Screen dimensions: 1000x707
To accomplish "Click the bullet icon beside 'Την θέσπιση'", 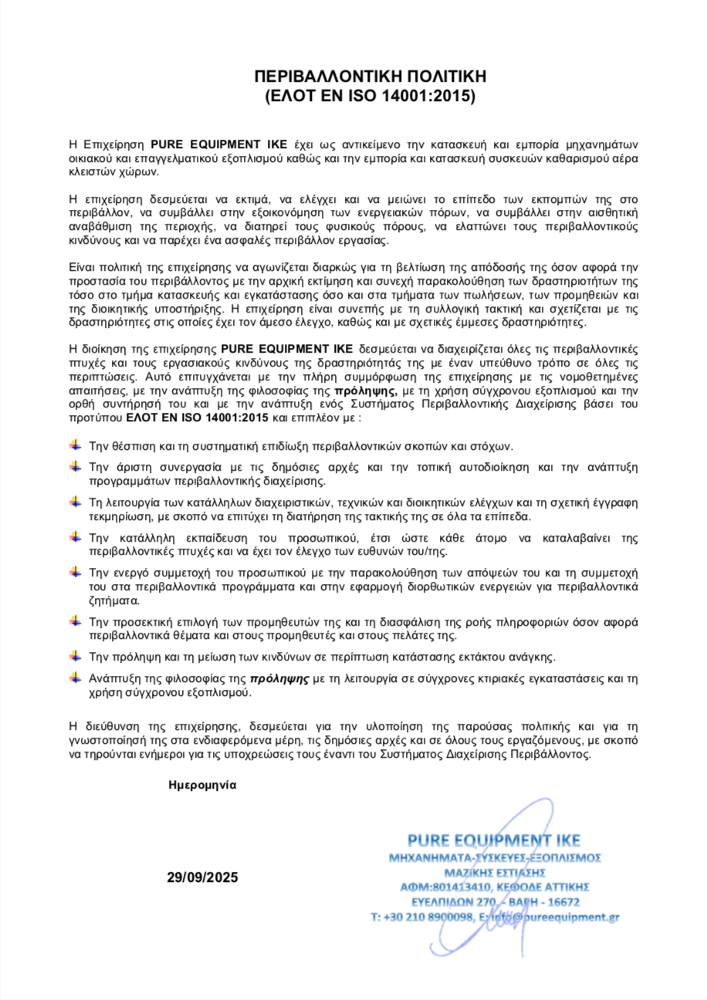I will [x=75, y=445].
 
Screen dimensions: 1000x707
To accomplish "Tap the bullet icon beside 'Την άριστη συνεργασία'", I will [x=75, y=466].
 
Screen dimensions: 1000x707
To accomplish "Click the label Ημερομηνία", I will [x=202, y=785].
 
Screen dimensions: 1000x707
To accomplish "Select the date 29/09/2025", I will [x=203, y=877].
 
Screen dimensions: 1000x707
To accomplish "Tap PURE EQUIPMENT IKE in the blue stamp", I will [x=494, y=840].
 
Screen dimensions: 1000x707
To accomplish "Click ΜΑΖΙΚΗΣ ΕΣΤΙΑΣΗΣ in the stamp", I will [x=495, y=872].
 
